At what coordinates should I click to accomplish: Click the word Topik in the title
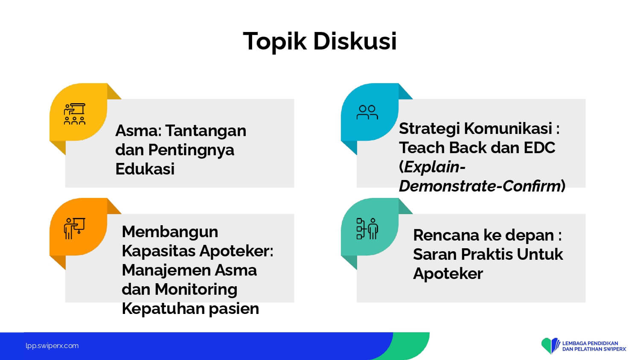(x=275, y=42)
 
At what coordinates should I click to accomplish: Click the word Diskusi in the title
(x=355, y=41)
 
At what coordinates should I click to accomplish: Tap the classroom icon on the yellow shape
(x=75, y=114)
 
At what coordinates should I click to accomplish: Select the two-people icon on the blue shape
(x=367, y=112)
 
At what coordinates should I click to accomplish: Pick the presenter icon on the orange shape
(x=75, y=229)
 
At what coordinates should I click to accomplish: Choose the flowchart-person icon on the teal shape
(x=367, y=229)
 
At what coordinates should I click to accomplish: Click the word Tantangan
(x=206, y=131)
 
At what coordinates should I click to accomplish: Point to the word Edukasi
(x=145, y=168)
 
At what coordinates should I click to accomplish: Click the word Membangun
(x=170, y=232)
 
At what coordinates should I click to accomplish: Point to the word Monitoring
(x=196, y=290)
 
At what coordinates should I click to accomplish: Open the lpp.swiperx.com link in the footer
(x=52, y=346)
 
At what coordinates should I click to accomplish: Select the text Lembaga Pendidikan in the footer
(x=590, y=343)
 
